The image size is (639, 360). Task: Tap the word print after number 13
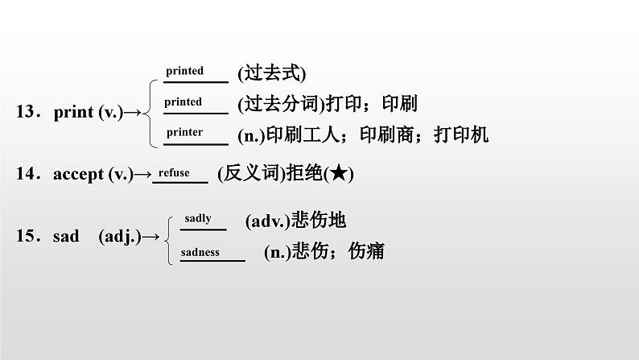[x=74, y=113]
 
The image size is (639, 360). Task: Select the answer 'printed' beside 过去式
[x=184, y=71]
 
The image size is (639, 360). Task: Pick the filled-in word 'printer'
[x=184, y=132]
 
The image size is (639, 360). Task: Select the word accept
[x=78, y=173]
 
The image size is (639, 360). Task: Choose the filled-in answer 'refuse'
[x=174, y=172]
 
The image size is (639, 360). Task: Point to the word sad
[x=66, y=236]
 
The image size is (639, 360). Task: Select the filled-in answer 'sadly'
[x=198, y=218]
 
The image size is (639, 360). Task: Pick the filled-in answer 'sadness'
[x=200, y=251]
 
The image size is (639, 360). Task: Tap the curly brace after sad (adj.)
[x=167, y=236]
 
